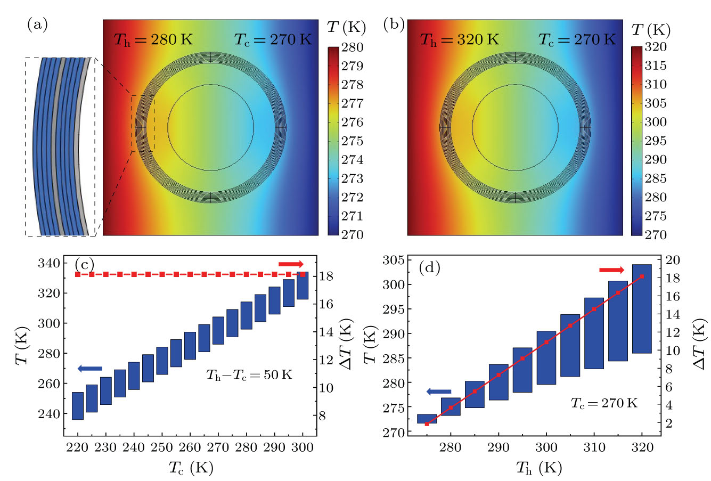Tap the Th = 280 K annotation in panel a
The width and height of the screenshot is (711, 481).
(153, 40)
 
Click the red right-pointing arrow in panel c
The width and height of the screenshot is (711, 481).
(291, 264)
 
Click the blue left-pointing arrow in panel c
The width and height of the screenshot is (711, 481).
(89, 369)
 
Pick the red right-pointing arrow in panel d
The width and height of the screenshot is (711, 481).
(611, 271)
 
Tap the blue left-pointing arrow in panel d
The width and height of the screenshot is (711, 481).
(439, 392)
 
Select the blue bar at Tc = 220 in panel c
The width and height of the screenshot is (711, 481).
(78, 406)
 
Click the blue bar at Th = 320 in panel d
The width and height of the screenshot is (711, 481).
(642, 309)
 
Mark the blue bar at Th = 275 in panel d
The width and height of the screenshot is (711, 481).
(427, 419)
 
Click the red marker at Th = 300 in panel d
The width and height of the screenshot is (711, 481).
(546, 342)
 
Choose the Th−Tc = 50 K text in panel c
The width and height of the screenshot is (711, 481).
(249, 375)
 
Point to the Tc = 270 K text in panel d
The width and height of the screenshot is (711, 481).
(604, 403)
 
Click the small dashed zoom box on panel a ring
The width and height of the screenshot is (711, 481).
(143, 124)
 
